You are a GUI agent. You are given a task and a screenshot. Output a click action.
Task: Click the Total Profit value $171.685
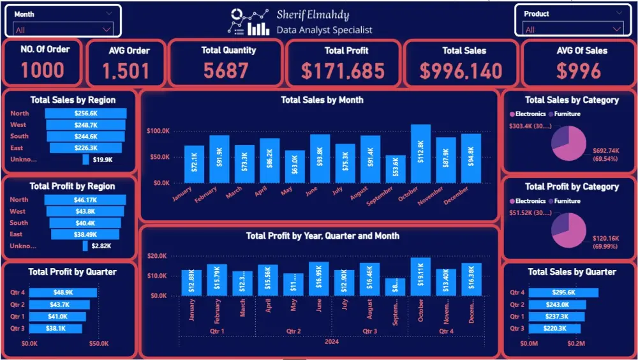pyautogui.click(x=343, y=71)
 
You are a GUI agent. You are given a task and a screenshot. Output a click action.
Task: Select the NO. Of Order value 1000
pyautogui.click(x=43, y=70)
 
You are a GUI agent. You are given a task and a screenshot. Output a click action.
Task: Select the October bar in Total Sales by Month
pyautogui.click(x=420, y=154)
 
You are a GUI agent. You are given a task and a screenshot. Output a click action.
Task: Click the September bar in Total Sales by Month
pyautogui.click(x=396, y=169)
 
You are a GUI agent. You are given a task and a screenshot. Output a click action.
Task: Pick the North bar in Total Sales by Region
pyautogui.click(x=85, y=113)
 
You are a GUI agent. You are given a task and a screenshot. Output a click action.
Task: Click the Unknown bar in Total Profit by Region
pyautogui.click(x=85, y=246)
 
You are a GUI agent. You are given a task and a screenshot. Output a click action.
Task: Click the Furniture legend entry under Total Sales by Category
pyautogui.click(x=566, y=114)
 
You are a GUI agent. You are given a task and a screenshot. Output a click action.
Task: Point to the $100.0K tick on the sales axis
pyautogui.click(x=158, y=131)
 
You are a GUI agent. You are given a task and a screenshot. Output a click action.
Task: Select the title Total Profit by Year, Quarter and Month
pyautogui.click(x=322, y=236)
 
